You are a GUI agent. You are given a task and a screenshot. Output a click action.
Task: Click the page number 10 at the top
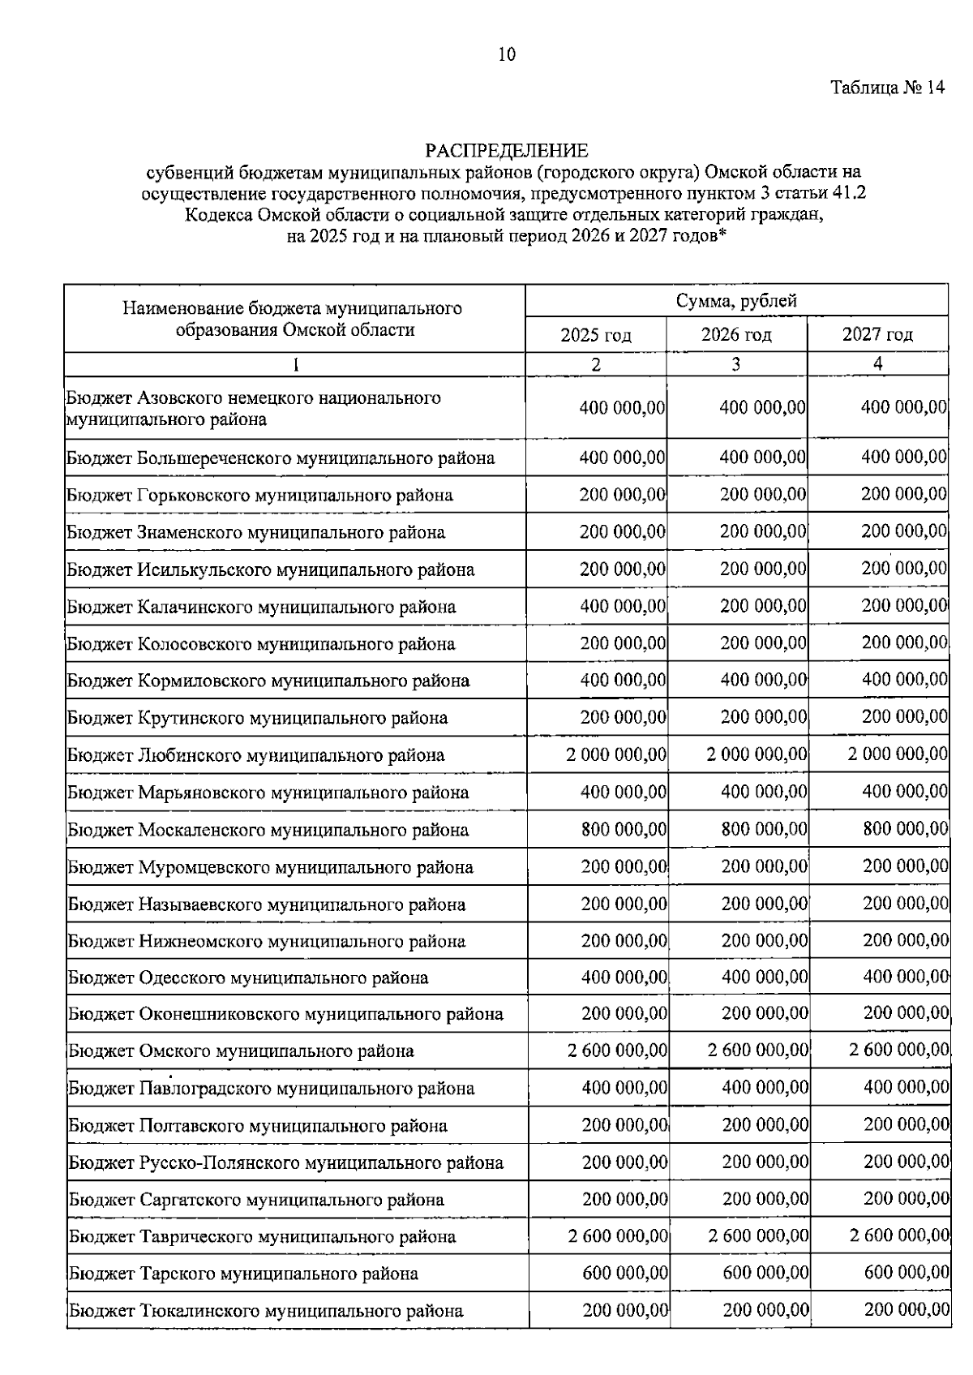(506, 55)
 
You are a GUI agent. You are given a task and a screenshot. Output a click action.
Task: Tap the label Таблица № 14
(887, 88)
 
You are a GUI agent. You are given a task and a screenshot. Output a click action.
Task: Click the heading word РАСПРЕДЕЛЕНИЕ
(507, 151)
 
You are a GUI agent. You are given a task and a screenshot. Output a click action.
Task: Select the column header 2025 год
(596, 335)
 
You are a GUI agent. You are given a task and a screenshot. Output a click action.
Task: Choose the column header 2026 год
(736, 334)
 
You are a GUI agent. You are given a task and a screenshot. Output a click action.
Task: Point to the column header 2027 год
(877, 334)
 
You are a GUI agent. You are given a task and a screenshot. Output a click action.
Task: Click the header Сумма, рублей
(736, 301)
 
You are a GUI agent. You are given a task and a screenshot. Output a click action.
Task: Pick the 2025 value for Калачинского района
(623, 607)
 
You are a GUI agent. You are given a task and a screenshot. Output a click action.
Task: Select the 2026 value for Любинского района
(757, 755)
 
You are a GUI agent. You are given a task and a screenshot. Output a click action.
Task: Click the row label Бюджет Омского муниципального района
(241, 1051)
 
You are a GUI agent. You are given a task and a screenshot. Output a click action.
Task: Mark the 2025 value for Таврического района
(618, 1236)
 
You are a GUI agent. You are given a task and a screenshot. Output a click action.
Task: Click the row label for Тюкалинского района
(266, 1311)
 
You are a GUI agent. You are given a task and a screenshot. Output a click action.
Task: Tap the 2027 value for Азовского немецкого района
(903, 406)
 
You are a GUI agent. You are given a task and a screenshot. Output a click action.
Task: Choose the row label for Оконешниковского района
(285, 1014)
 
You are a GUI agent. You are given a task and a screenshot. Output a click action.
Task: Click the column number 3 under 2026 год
(736, 364)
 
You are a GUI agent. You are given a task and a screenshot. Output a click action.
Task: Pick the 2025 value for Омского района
(618, 1051)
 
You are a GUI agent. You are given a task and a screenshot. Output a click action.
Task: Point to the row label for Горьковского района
(260, 495)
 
